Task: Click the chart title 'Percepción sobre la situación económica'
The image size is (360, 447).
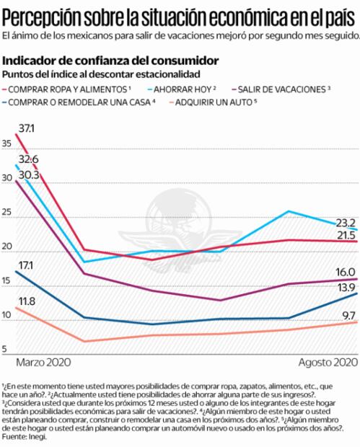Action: (x=180, y=14)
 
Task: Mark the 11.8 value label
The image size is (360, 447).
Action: (x=27, y=301)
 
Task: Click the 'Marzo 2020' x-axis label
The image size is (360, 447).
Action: (x=45, y=361)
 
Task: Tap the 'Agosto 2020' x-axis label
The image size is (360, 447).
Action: (x=328, y=361)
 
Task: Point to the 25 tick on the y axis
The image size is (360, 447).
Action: (x=8, y=213)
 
